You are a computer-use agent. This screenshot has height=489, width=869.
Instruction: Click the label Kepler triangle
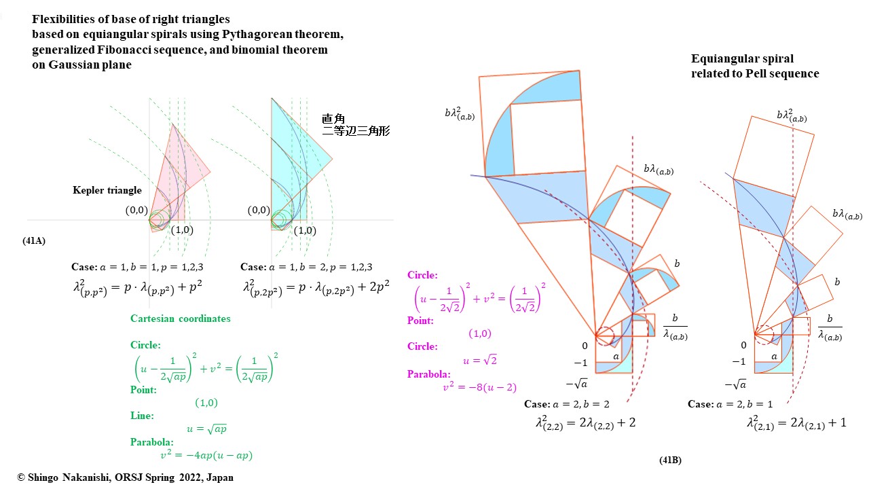point(107,190)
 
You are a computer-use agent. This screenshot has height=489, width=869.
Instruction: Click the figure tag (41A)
point(34,240)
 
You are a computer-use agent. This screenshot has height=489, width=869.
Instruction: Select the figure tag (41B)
point(670,460)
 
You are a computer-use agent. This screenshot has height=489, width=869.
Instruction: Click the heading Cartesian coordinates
point(180,319)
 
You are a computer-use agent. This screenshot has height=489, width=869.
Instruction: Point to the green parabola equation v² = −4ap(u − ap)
point(203,456)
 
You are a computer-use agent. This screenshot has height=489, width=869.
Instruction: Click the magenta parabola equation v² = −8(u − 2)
point(479,388)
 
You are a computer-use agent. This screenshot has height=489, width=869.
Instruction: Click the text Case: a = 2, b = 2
point(566,404)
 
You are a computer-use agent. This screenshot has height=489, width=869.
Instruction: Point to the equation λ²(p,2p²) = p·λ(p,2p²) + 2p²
point(316,288)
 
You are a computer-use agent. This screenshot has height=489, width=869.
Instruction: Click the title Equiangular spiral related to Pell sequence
point(754,66)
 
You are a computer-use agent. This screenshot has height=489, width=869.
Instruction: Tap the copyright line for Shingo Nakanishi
point(125,477)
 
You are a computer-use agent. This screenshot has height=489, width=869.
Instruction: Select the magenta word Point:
point(420,320)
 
